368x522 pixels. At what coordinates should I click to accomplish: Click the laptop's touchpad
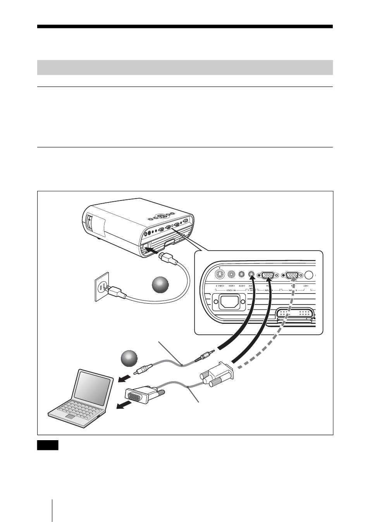click(x=71, y=416)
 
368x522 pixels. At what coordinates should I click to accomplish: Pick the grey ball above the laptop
click(x=129, y=359)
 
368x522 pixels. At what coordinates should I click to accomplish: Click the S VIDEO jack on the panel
click(x=220, y=275)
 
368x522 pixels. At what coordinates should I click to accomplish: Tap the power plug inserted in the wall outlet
click(x=116, y=292)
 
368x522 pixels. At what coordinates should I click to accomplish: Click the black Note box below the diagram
click(x=48, y=445)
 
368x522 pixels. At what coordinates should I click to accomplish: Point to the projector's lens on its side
click(x=89, y=222)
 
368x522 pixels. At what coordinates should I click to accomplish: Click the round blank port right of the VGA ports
click(x=309, y=275)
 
